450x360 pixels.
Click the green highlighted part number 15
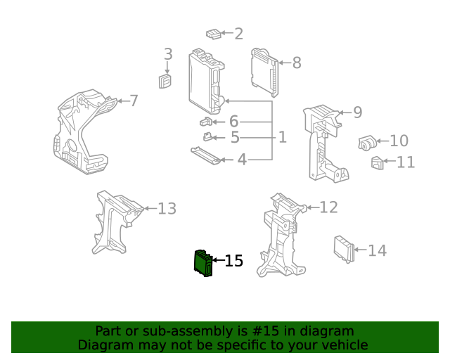click(x=202, y=262)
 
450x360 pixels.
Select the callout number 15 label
click(x=233, y=262)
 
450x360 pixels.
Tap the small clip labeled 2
click(x=214, y=34)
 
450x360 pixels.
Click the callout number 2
click(x=238, y=34)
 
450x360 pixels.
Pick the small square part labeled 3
click(x=167, y=82)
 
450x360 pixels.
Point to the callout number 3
click(x=168, y=54)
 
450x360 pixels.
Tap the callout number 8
click(x=297, y=63)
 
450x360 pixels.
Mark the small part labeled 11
click(x=377, y=163)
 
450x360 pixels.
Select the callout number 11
click(x=406, y=162)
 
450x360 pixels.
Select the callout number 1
click(x=282, y=137)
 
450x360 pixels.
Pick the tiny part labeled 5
click(x=208, y=136)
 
